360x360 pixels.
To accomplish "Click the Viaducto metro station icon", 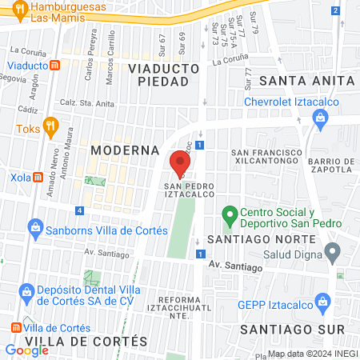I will pyautogui.click(x=53, y=66).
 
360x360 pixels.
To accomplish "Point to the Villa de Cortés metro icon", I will pyautogui.click(x=16, y=327).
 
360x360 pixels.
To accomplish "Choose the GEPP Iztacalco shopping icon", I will pyautogui.click(x=322, y=302).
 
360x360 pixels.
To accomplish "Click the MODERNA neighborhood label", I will pyautogui.click(x=120, y=150).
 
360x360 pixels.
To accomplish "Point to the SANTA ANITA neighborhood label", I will pyautogui.click(x=311, y=81).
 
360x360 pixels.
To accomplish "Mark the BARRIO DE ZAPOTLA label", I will pyautogui.click(x=330, y=165).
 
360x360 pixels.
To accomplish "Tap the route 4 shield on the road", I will pyautogui.click(x=79, y=210).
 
